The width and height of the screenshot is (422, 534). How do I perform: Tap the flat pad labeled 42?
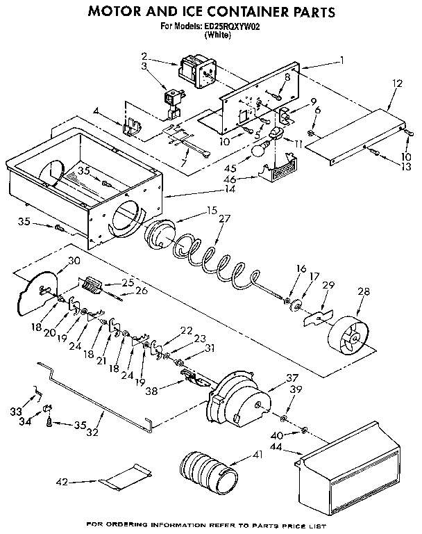pos(126,479)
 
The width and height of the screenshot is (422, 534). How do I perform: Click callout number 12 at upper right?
pos(396,83)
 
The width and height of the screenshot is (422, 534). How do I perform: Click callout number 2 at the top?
pos(144,56)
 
